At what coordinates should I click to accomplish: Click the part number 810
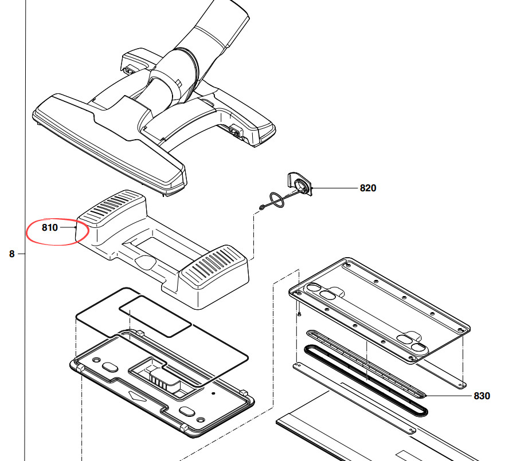[50, 227]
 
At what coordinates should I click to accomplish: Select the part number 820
[367, 188]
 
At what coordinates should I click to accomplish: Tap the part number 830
[481, 396]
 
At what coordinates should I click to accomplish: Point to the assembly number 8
[11, 253]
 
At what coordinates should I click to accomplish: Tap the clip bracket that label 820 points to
[300, 183]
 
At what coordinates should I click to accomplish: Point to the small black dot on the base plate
[213, 394]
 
